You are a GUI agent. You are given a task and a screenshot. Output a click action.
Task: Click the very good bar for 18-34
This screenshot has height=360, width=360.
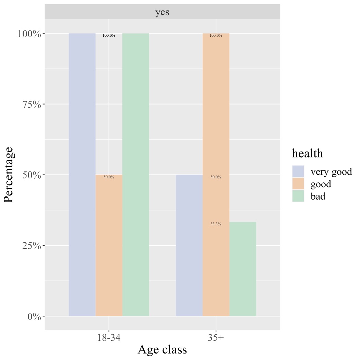82,175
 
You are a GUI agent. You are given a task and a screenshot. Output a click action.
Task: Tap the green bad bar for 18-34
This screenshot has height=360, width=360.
135,175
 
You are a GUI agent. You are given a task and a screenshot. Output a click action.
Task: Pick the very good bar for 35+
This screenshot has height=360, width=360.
189,245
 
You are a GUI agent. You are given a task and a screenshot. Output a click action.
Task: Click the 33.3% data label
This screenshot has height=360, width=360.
216,224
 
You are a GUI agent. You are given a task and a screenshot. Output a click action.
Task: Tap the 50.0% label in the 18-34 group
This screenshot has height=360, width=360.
109,177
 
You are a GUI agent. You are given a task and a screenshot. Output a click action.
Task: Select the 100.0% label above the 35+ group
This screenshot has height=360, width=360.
216,35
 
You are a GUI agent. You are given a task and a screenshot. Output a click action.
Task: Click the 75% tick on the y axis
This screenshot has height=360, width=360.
32,104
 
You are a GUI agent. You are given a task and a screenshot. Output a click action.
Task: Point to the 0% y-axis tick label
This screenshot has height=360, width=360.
34,316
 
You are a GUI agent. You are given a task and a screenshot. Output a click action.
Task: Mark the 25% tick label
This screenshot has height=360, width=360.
32,246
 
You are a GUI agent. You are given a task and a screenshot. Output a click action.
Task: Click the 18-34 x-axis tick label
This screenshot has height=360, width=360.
109,338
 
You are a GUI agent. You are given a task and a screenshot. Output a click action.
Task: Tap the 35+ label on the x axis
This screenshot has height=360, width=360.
216,338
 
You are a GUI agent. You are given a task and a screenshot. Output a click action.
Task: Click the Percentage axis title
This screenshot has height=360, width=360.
9,175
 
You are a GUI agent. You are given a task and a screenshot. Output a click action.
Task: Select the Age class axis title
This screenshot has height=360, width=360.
162,350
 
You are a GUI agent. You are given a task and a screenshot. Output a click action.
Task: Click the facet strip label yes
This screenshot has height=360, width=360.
162,12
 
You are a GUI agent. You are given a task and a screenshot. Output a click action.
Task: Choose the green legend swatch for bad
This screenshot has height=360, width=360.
298,196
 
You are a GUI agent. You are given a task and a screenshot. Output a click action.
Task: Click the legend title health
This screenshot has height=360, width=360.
307,154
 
